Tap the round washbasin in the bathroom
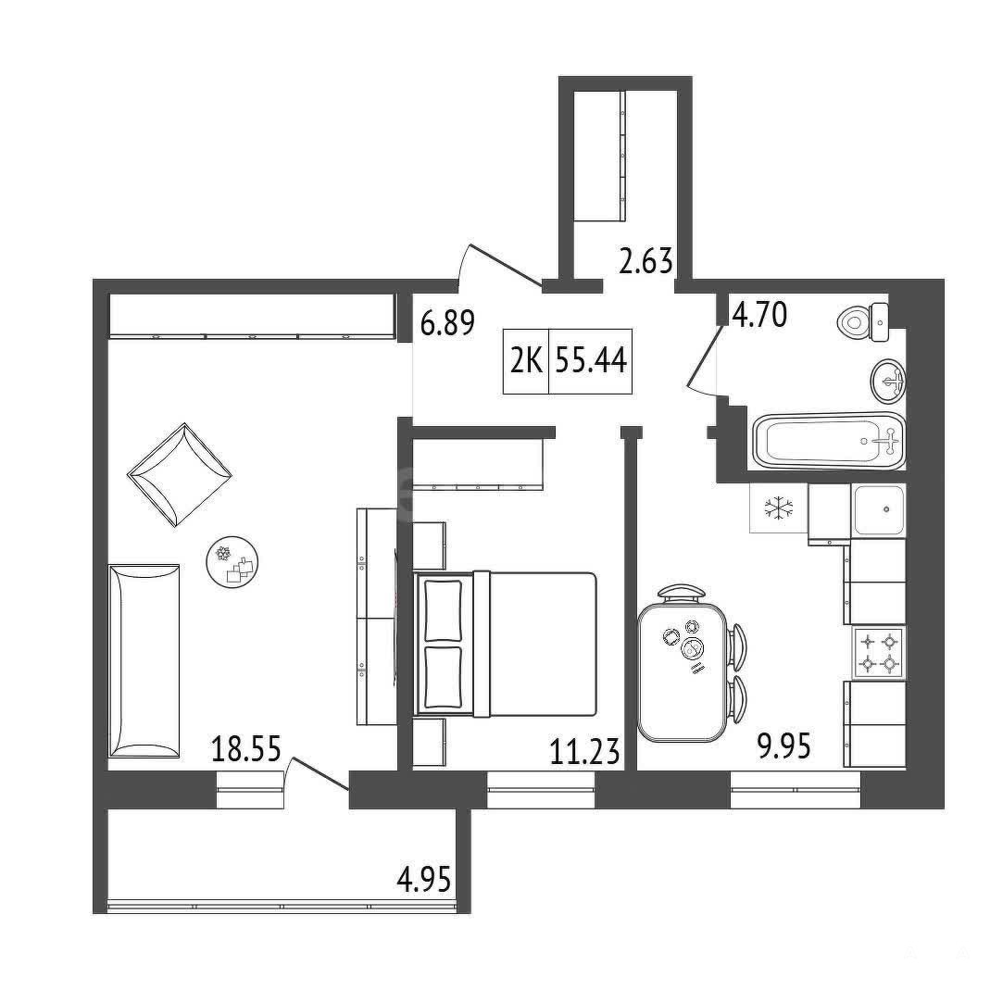pos(888,381)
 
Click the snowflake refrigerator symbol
pos(779,508)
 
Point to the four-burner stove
pos(879,653)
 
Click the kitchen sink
pos(879,510)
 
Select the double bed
pos(505,644)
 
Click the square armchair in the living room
pos(180,474)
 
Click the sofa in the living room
pos(144,660)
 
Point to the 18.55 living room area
pos(246,749)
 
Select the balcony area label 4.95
pos(424,880)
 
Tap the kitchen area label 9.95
pos(783,746)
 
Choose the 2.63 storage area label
pos(645,261)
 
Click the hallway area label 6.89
pos(447,324)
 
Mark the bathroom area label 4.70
pos(759,315)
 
